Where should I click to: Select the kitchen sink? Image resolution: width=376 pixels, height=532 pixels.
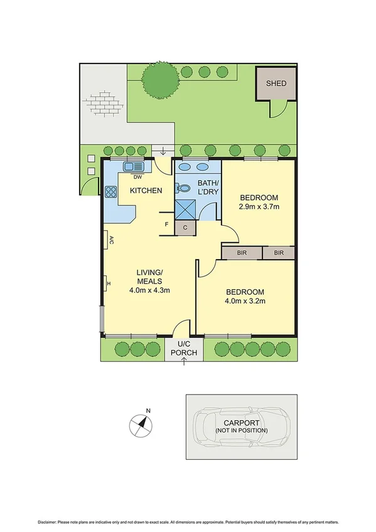click(x=134, y=168)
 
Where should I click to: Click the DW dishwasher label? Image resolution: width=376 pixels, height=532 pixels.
click(x=136, y=177)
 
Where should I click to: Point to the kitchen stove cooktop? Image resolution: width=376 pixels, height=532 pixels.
click(x=112, y=192)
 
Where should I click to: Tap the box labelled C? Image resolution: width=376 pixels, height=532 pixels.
click(x=185, y=228)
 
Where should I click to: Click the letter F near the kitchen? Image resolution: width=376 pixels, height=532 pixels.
click(x=166, y=224)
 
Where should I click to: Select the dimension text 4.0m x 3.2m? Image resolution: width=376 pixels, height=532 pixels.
click(x=245, y=301)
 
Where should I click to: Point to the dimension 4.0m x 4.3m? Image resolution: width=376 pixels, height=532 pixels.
click(x=150, y=290)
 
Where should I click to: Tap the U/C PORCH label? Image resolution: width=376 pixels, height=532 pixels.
click(x=184, y=349)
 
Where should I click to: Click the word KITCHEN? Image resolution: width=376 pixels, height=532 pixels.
click(x=146, y=191)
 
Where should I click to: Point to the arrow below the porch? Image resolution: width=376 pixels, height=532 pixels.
click(x=184, y=363)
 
